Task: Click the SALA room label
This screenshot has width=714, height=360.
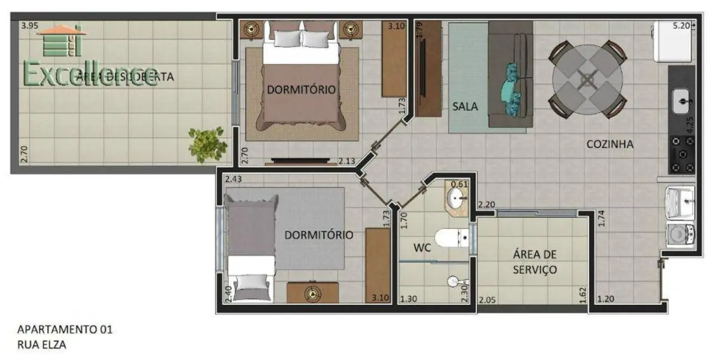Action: pos(465,106)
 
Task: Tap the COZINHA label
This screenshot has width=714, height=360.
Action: pos(610,144)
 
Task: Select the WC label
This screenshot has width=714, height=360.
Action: pos(422,247)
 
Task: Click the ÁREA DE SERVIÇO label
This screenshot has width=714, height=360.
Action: pos(534,262)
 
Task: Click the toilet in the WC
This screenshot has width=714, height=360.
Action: pos(451,238)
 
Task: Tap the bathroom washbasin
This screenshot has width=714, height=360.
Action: pos(458,197)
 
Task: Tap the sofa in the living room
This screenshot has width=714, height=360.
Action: pos(511,75)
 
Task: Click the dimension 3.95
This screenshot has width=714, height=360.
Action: pos(30,25)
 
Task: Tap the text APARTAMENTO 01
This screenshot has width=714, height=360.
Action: pos(65,330)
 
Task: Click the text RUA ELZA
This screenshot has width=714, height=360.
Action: pos(42,344)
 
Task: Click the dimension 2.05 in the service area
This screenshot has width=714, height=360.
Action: pos(488,300)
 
